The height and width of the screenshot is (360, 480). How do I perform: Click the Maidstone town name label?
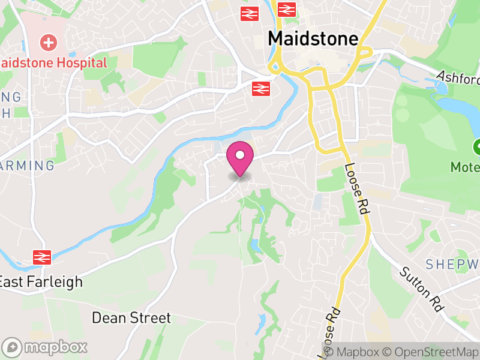[x=313, y=38]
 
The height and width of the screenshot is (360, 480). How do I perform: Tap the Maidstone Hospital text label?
[x=54, y=62]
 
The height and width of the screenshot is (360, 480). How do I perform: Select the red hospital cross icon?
[x=47, y=43]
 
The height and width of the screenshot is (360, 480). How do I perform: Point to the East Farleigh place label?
[x=41, y=281]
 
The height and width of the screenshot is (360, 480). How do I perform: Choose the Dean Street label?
[x=131, y=317]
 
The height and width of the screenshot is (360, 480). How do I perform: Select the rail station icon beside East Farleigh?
[x=41, y=257]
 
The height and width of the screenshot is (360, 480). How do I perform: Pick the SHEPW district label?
[x=452, y=264]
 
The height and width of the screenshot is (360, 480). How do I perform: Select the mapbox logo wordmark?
[x=46, y=347]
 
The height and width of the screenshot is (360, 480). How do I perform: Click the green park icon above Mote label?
[x=478, y=146]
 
